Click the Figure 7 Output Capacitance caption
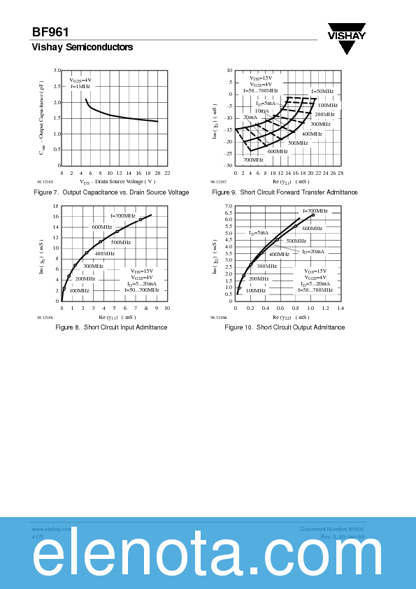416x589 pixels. tap(111, 192)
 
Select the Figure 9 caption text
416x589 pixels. tap(285, 192)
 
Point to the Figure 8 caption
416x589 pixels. tap(111, 327)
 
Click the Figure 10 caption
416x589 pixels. tap(285, 327)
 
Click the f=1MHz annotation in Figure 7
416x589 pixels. tap(80, 86)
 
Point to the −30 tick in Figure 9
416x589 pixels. tap(229, 166)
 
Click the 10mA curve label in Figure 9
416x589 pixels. tap(261, 111)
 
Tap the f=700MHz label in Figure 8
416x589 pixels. tap(123, 216)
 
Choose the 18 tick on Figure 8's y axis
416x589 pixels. tap(56, 206)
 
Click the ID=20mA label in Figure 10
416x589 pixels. tap(313, 251)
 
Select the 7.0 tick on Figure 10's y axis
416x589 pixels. tap(229, 206)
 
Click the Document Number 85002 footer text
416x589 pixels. tap(331, 529)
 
